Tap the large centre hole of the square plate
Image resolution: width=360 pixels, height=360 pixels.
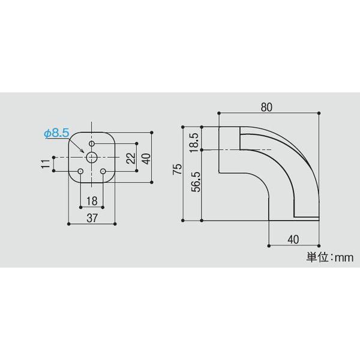[x=92, y=157]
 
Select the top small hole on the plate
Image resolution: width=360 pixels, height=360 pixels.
[x=92, y=143]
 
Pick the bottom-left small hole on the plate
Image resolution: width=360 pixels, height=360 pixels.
[x=80, y=172]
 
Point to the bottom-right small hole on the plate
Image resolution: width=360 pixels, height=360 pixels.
[x=103, y=172]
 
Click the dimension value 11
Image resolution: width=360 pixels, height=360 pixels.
[x=46, y=164]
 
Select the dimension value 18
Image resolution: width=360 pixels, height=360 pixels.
[x=92, y=200]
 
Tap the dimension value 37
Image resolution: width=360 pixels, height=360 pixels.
[x=92, y=218]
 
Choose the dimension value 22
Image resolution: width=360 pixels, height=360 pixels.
[x=131, y=158]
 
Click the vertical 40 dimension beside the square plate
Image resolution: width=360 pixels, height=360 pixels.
[x=145, y=158]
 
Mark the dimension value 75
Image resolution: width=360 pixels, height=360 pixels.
[x=176, y=169]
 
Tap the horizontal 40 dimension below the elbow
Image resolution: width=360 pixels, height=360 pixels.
[x=293, y=239]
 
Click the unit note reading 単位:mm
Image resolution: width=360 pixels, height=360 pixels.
[x=329, y=257]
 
